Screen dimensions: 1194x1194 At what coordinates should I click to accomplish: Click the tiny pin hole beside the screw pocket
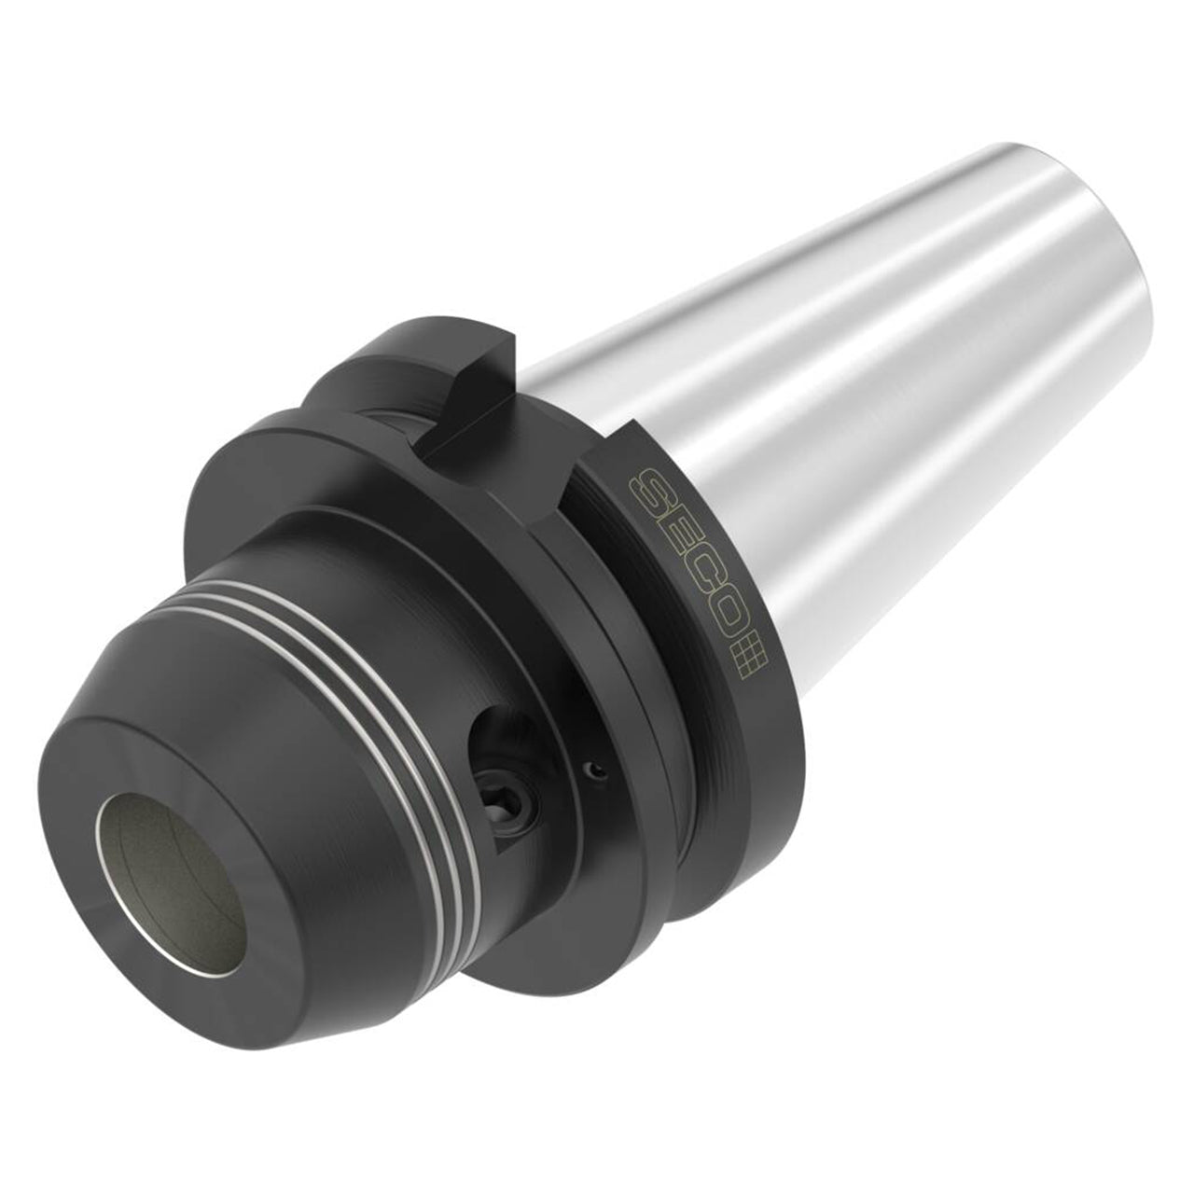point(594,770)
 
